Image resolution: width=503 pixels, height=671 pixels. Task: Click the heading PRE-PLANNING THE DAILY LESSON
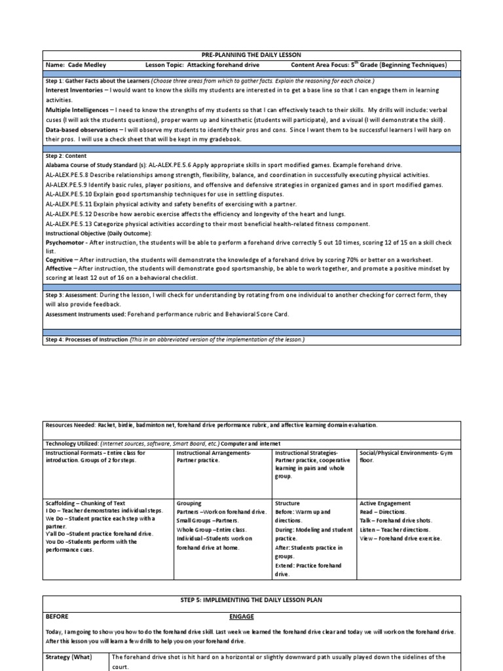(x=251, y=55)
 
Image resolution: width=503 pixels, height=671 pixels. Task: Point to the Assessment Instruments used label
(x=84, y=314)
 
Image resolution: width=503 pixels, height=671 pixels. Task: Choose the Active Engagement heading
(x=385, y=503)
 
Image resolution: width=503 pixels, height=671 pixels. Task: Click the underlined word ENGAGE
(x=242, y=617)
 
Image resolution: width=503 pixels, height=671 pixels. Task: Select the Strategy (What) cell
(x=69, y=657)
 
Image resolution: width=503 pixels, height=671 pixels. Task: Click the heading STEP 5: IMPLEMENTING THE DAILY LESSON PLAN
(x=251, y=600)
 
